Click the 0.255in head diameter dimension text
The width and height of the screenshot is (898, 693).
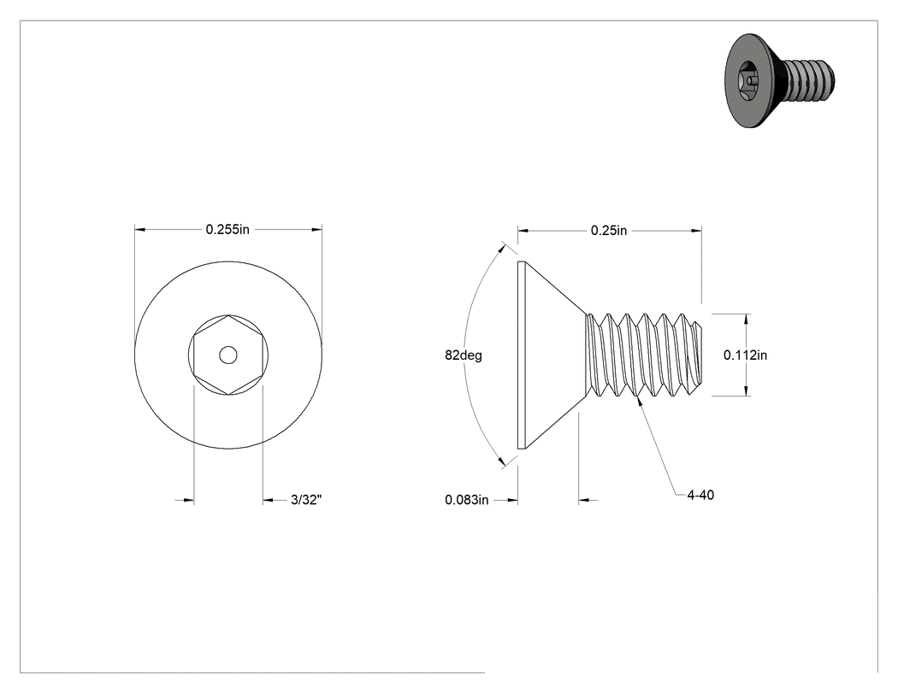click(x=228, y=230)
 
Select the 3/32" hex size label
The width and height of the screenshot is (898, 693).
click(x=306, y=500)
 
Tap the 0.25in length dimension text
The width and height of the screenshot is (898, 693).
click(x=609, y=230)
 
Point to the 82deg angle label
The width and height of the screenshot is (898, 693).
click(x=464, y=355)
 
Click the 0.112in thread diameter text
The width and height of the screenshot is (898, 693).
click(x=745, y=355)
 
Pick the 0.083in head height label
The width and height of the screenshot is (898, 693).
click(x=467, y=500)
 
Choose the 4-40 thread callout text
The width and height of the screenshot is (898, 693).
click(x=700, y=495)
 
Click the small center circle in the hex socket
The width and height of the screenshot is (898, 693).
click(x=228, y=355)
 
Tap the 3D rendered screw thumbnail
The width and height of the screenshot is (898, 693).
click(x=779, y=80)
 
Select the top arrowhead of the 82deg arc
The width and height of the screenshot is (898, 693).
click(x=501, y=250)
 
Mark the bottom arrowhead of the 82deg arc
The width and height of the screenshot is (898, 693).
click(x=501, y=461)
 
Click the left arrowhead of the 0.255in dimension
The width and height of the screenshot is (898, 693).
click(x=139, y=230)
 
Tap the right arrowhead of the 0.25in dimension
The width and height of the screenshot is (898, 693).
click(x=696, y=231)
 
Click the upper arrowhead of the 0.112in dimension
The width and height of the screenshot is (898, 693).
click(x=747, y=320)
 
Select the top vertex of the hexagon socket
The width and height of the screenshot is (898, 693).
click(x=228, y=315)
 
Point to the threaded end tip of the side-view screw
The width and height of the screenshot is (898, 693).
click(x=701, y=355)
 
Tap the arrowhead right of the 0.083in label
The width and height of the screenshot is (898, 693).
click(x=512, y=500)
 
